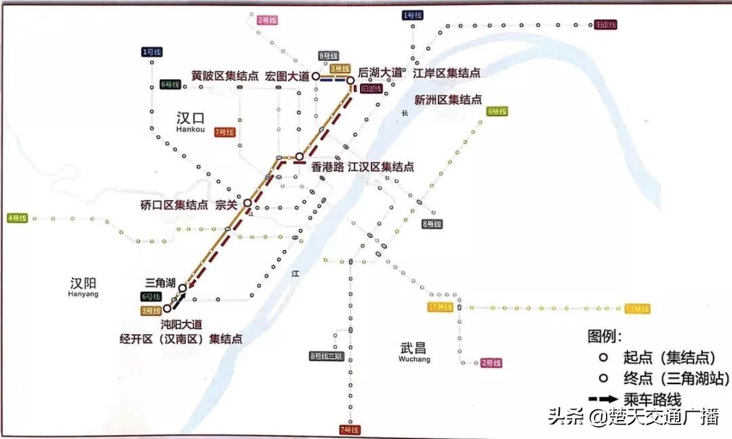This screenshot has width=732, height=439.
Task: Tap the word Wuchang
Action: (415, 360)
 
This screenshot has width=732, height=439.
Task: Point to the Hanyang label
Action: (83, 295)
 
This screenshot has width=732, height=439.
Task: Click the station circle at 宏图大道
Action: (316, 77)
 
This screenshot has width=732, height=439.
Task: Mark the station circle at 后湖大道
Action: (350, 81)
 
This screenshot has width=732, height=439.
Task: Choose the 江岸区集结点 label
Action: (447, 72)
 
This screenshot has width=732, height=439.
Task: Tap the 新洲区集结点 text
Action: (448, 100)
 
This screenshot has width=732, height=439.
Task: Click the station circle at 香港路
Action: (299, 156)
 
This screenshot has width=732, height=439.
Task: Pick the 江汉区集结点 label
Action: (381, 167)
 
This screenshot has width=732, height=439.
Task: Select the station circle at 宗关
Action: (248, 203)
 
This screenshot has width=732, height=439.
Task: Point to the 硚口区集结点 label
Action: (174, 205)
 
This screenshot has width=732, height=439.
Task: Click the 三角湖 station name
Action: (161, 283)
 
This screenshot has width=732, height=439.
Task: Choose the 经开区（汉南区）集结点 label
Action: (182, 339)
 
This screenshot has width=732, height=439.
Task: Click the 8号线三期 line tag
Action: (327, 356)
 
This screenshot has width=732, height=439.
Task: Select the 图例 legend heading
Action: (605, 335)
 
